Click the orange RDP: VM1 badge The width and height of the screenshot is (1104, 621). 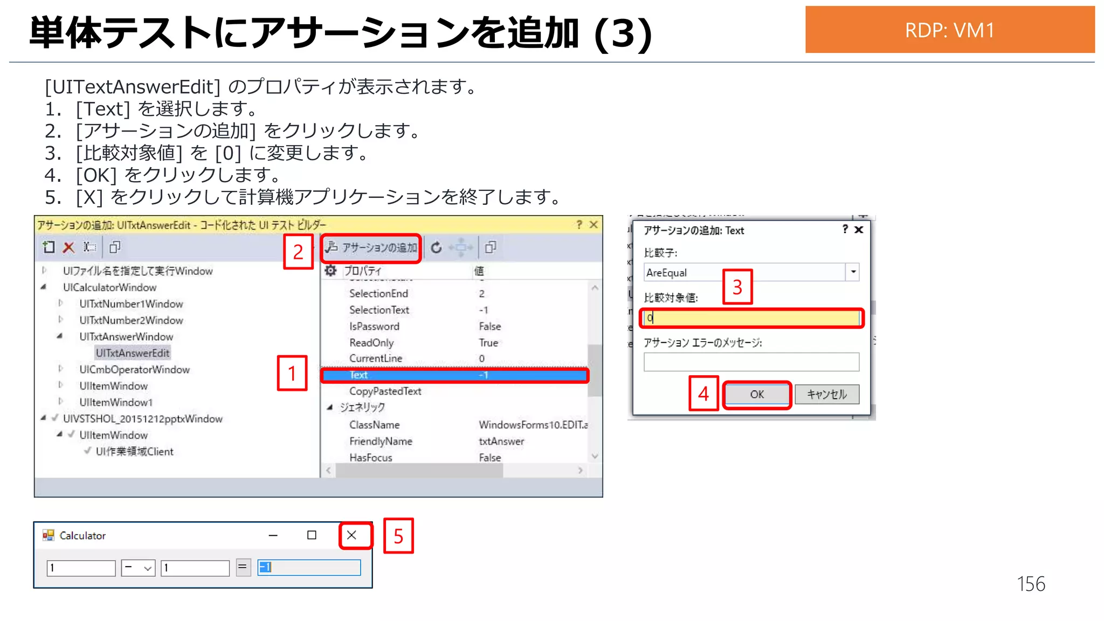(x=949, y=30)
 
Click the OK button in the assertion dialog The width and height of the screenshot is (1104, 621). (x=756, y=394)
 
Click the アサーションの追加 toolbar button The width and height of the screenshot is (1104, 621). (x=371, y=247)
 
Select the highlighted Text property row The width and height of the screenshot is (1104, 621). (x=454, y=375)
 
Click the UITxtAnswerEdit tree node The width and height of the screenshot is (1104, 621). (x=133, y=353)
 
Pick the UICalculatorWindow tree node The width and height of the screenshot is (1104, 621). (x=109, y=287)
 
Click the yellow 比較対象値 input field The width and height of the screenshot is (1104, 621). (x=751, y=318)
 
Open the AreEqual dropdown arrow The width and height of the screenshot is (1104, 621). (x=853, y=272)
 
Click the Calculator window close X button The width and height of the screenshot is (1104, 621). (x=351, y=535)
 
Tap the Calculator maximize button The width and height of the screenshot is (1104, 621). (x=312, y=535)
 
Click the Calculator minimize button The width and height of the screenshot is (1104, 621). (x=273, y=535)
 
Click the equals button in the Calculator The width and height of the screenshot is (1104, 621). (x=243, y=567)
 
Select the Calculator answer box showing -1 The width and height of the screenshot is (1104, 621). (x=309, y=567)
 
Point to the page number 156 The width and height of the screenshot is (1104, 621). (x=1031, y=584)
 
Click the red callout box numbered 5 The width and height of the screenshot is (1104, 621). (x=398, y=536)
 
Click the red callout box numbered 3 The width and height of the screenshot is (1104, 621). (x=737, y=287)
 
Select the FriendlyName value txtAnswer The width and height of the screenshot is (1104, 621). (x=501, y=441)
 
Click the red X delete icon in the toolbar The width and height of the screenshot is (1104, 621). (x=68, y=247)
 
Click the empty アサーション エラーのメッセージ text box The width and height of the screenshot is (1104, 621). (x=751, y=362)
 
